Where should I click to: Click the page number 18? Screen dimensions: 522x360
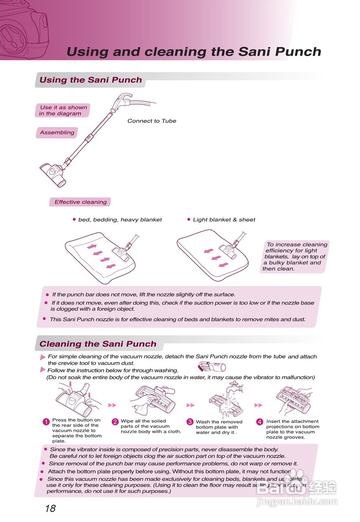pyautogui.click(x=50, y=508)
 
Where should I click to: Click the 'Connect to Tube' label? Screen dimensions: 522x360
pyautogui.click(x=152, y=121)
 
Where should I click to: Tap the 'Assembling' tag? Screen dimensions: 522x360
pyautogui.click(x=57, y=133)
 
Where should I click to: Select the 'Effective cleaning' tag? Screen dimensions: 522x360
pyautogui.click(x=80, y=202)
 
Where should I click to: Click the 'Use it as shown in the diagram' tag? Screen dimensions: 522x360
pyautogui.click(x=63, y=111)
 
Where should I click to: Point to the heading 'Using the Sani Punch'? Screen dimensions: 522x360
pyautogui.click(x=91, y=80)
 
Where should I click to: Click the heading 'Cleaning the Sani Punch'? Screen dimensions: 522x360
pyautogui.click(x=98, y=344)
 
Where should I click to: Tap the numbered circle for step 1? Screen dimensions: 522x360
pyautogui.click(x=46, y=422)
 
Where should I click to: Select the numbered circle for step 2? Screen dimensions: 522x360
pyautogui.click(x=115, y=422)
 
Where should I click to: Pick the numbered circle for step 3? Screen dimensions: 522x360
pyautogui.click(x=190, y=422)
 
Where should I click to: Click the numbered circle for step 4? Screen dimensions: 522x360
pyautogui.click(x=260, y=422)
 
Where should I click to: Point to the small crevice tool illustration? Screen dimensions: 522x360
pyautogui.click(x=212, y=366)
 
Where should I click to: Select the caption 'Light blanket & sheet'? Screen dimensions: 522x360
pyautogui.click(x=224, y=220)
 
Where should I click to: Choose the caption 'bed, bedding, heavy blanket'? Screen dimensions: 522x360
pyautogui.click(x=120, y=220)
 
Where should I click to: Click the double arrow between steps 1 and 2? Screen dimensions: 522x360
pyautogui.click(x=112, y=405)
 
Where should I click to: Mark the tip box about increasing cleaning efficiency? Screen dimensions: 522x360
pyautogui.click(x=295, y=257)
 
